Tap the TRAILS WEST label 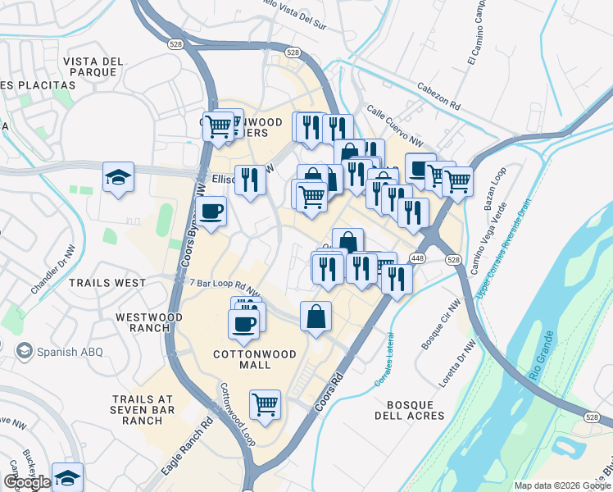coord(107,283)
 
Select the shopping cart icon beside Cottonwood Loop coord(265,404)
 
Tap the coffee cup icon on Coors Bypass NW coord(211,212)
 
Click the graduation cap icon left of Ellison coord(118,175)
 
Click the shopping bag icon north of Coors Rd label coord(316,317)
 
